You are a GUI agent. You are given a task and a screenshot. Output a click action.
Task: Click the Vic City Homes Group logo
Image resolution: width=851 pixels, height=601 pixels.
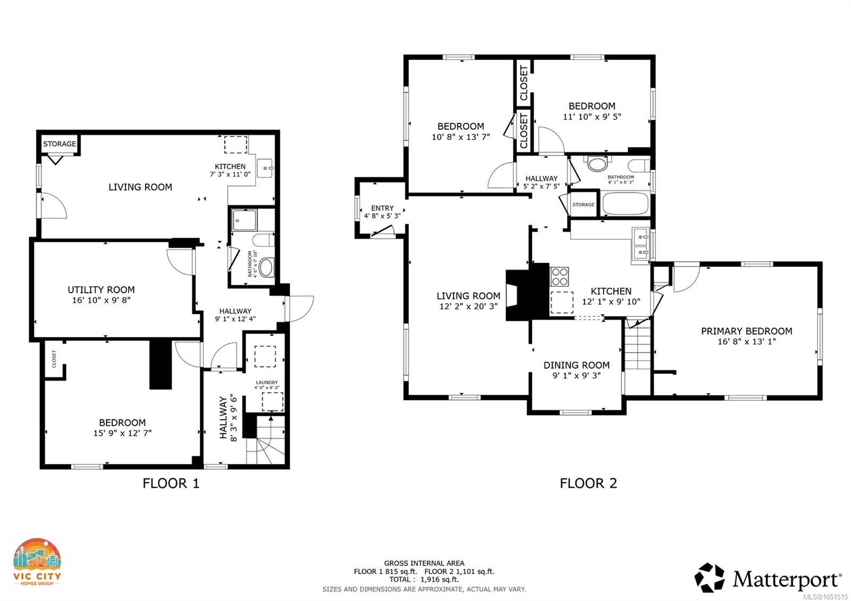pyautogui.click(x=37, y=562)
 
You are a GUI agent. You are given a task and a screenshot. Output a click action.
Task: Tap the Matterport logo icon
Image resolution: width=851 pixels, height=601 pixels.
pyautogui.click(x=710, y=578)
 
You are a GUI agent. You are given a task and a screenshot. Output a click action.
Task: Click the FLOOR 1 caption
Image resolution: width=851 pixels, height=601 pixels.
pyautogui.click(x=171, y=483)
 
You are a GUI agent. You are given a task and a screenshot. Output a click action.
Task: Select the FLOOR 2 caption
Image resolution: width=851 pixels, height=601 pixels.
pyautogui.click(x=588, y=483)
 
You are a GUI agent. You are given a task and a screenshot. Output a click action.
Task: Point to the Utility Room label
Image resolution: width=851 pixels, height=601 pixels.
pyautogui.click(x=101, y=289)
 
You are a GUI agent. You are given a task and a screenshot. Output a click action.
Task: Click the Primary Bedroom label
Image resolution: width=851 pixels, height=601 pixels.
pyautogui.click(x=747, y=331)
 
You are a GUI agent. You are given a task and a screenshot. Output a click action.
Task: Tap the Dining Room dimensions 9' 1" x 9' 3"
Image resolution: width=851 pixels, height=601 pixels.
pyautogui.click(x=577, y=375)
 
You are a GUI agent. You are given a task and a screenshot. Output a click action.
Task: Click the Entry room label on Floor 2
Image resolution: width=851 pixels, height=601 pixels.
pyautogui.click(x=382, y=208)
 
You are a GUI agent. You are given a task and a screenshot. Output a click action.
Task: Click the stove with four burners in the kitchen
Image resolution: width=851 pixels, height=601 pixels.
pyautogui.click(x=559, y=277)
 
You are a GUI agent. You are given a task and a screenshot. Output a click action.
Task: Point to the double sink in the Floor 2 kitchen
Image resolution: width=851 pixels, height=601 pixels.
pyautogui.click(x=641, y=245)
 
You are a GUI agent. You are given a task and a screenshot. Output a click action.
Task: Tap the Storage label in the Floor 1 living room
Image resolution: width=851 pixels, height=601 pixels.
pyautogui.click(x=60, y=144)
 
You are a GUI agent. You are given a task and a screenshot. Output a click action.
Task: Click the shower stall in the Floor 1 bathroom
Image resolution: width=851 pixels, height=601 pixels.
pyautogui.click(x=244, y=220)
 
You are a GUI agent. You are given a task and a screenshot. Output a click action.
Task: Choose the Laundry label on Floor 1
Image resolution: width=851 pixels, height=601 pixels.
pyautogui.click(x=266, y=382)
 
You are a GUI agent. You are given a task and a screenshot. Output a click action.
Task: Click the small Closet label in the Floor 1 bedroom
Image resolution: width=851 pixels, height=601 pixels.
pyautogui.click(x=54, y=359)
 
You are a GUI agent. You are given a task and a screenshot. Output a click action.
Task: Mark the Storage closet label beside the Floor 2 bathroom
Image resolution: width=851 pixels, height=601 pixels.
pyautogui.click(x=583, y=204)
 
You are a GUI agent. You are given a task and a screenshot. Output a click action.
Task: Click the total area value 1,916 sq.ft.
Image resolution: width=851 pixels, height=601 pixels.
pyautogui.click(x=439, y=580)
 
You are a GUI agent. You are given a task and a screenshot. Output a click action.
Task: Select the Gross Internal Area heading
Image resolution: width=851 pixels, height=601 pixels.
pyautogui.click(x=424, y=563)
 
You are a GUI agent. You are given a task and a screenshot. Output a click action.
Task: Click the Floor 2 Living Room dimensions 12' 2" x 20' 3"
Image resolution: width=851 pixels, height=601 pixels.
pyautogui.click(x=469, y=306)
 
